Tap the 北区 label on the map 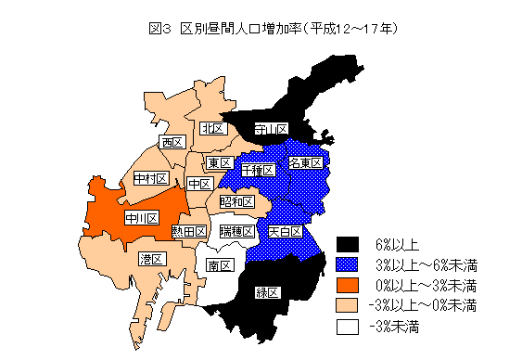tap(213, 127)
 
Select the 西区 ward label tap(172, 143)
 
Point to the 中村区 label tap(149, 178)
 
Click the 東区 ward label tap(218, 163)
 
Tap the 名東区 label tap(305, 163)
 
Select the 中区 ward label tap(197, 185)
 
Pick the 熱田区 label tap(188, 231)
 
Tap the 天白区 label tap(285, 230)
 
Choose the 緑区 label tap(268, 293)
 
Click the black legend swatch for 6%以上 tap(347, 245)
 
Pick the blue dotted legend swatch tap(347, 264)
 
